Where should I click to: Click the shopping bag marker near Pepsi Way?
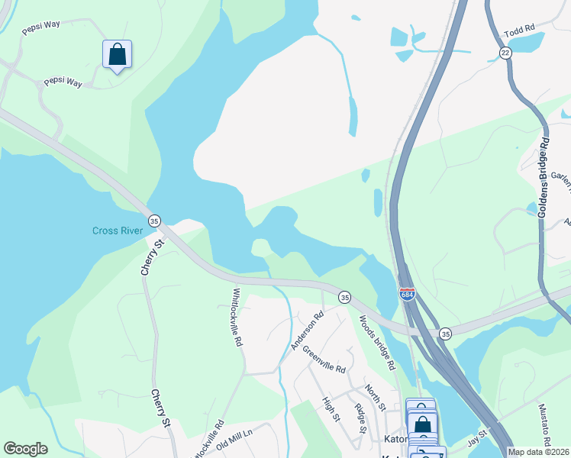coord(117,55)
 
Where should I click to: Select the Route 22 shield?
coord(505,52)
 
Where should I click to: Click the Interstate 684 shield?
coord(408,294)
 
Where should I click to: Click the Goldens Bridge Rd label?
coord(544,178)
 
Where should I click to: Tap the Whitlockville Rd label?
coord(237,318)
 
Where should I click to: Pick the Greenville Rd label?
coord(324,359)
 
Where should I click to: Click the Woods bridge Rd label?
coord(376,343)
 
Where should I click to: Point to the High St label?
coord(331,408)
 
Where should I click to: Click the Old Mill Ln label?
coord(234,440)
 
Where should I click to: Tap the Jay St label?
coord(477,440)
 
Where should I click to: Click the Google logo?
coord(25,449)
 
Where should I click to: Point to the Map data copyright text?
coord(538,452)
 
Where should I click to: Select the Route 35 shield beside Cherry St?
coord(154,219)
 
